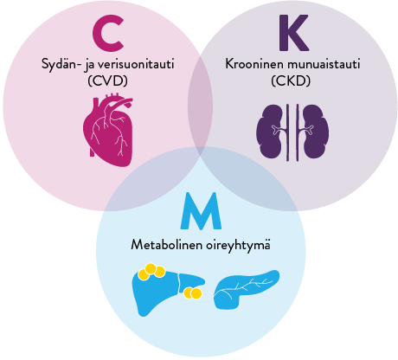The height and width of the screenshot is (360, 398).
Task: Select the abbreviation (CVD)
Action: click(107, 80)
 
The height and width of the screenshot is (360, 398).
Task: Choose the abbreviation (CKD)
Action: click(290, 80)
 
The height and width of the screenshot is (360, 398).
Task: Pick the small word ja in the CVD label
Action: click(87, 64)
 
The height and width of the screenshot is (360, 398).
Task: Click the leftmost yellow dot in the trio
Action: click(144, 275)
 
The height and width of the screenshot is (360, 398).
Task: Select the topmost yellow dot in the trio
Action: click(151, 268)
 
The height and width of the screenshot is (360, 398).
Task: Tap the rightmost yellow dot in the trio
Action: click(160, 272)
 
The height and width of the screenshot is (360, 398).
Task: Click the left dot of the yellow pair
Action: click(189, 292)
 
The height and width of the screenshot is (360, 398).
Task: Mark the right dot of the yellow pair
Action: click(196, 293)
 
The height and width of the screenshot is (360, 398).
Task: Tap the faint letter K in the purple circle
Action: click(292, 33)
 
